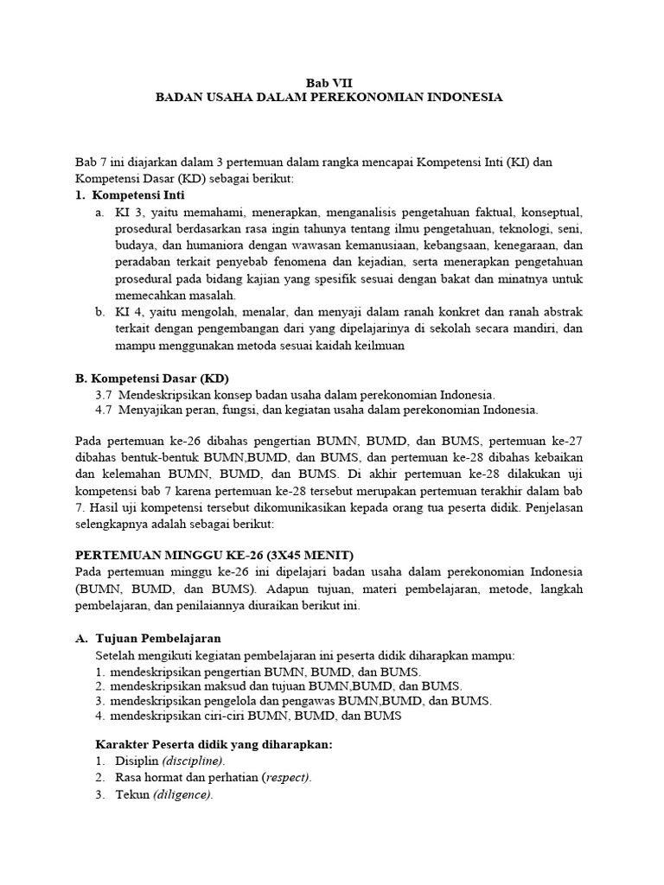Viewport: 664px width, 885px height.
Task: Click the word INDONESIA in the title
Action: [463, 98]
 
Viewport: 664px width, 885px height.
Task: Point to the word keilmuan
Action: [378, 345]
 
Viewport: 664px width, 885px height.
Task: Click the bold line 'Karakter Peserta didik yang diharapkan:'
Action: [213, 744]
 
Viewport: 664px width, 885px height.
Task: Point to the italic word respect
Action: [285, 777]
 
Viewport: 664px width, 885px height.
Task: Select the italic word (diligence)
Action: [182, 794]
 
